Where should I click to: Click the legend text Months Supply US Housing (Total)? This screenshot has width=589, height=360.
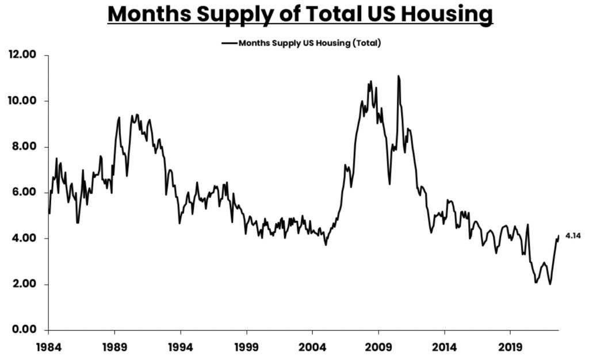pos(310,43)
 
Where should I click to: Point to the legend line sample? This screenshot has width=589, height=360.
pos(229,43)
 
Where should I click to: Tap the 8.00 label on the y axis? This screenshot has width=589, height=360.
pos(24,147)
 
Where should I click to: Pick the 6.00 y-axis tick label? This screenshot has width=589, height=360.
pos(24,193)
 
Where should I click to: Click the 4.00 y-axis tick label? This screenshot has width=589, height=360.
pos(24,238)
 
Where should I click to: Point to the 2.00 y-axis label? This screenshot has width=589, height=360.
pos(24,284)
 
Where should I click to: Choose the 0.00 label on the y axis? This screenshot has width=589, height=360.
pos(24,330)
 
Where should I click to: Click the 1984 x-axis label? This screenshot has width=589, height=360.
pos(48,348)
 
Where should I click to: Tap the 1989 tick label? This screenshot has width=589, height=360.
pos(114,348)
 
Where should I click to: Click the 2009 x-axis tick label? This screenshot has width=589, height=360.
pos(378,348)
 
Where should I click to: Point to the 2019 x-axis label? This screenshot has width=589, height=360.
pos(510,348)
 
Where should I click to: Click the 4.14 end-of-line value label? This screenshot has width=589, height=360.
pos(573,236)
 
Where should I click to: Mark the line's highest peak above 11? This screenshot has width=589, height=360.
pos(398,76)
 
